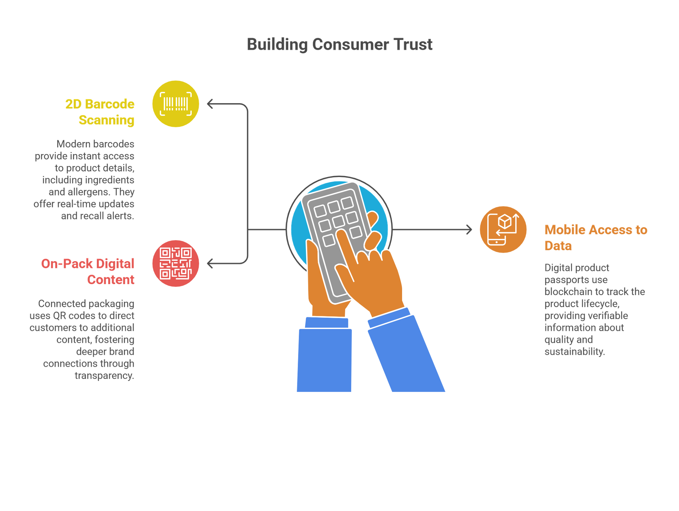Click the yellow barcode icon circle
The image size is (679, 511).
point(176,104)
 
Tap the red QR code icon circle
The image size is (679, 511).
point(176,264)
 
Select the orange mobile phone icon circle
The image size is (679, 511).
point(503,230)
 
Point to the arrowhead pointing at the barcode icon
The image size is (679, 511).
point(209,104)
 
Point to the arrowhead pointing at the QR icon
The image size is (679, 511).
point(209,264)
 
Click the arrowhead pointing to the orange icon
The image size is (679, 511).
point(470,230)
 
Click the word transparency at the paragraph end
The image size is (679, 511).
point(104,376)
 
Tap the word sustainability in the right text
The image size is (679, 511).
point(574,352)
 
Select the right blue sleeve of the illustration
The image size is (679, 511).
point(407,357)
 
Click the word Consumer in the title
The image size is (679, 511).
point(350,45)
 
